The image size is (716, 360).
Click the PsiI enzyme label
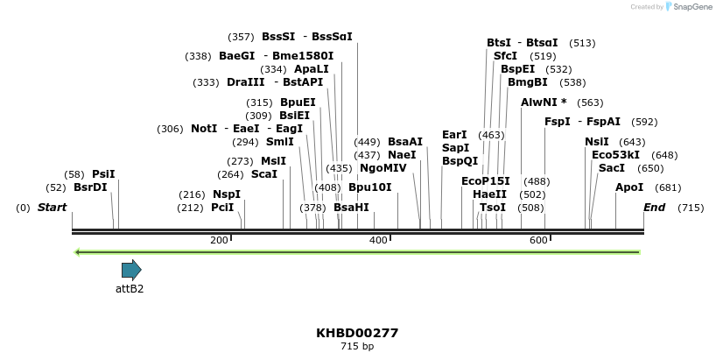[x=103, y=174]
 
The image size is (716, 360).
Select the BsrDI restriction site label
[x=90, y=187]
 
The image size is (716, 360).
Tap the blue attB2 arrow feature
[x=131, y=270]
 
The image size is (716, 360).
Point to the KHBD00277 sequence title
[x=357, y=333]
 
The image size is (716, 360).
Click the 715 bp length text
[x=357, y=347]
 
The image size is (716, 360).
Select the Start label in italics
[x=53, y=208]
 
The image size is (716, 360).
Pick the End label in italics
[x=654, y=208]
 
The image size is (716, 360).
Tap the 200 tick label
[x=219, y=240]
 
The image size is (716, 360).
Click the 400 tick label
[x=378, y=240]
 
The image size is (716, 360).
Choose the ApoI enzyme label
[x=629, y=187]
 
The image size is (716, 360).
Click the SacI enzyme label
[x=612, y=168]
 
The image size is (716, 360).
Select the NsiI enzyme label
[x=597, y=142]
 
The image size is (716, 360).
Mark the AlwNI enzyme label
[x=544, y=102]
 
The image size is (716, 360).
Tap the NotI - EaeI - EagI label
[x=247, y=129]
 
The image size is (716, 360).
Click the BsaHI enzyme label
[x=351, y=208]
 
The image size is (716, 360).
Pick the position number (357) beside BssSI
[x=241, y=37]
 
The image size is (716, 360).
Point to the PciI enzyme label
[x=222, y=208]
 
